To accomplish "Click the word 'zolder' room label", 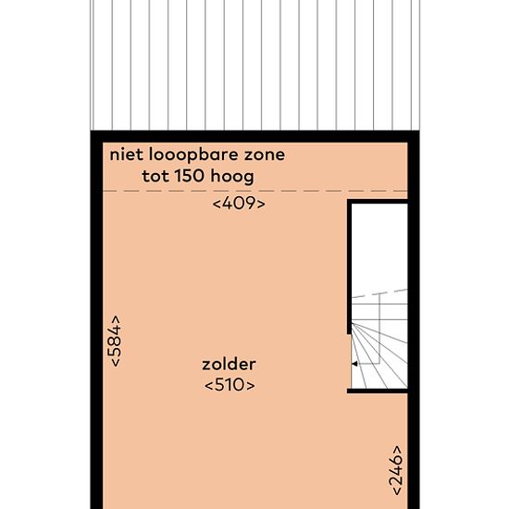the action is (x=229, y=365).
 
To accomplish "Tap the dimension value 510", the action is (x=230, y=385).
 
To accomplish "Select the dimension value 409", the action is (x=239, y=204).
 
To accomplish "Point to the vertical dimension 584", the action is (x=116, y=341).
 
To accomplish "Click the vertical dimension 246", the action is (x=396, y=470).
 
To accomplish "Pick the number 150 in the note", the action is (x=190, y=176).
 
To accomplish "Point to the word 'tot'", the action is (x=155, y=177).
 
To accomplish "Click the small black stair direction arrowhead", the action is (x=354, y=364).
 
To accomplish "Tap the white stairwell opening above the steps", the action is (x=379, y=248).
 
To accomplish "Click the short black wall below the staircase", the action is (x=378, y=391).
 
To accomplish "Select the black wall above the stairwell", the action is (x=378, y=202).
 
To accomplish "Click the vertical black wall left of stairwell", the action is (x=349, y=267).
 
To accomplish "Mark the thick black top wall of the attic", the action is (x=254, y=136).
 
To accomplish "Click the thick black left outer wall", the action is (x=96, y=320).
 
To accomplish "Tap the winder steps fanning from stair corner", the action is (x=379, y=355).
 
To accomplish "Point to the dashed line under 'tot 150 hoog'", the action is (x=254, y=191).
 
